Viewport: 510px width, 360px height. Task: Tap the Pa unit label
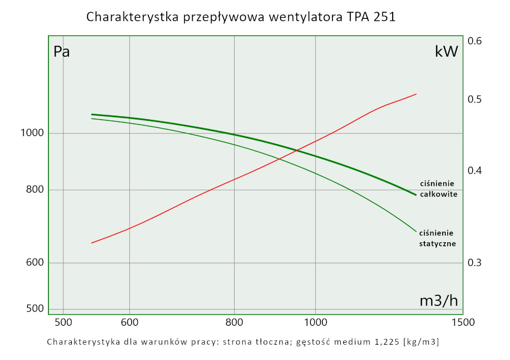pyautogui.click(x=62, y=52)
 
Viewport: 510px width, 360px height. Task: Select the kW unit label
pyautogui.click(x=446, y=51)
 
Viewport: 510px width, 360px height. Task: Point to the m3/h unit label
pyautogui.click(x=438, y=301)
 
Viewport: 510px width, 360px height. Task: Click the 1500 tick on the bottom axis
pyautogui.click(x=464, y=322)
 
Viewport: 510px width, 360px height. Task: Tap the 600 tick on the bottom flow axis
pyautogui.click(x=130, y=322)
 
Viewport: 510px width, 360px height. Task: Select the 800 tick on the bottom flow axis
pyautogui.click(x=234, y=322)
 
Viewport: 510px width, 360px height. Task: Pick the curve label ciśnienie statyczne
pyautogui.click(x=438, y=238)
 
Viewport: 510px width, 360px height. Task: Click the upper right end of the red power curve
pyautogui.click(x=416, y=94)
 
